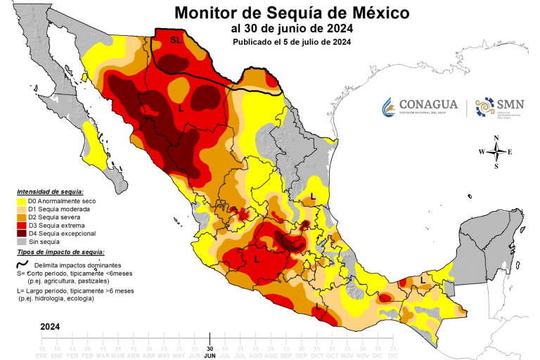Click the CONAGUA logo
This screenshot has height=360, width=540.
(x=420, y=106)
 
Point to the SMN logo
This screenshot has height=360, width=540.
(x=500, y=106)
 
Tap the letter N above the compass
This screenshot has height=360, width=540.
(x=496, y=138)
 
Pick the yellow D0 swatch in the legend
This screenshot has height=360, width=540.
(x=22, y=202)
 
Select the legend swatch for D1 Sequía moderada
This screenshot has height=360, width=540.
(x=22, y=210)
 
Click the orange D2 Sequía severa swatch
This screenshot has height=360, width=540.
(x=22, y=217)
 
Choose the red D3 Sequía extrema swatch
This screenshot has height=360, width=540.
(x=22, y=225)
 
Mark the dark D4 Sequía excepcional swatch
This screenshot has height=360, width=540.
(x=22, y=233)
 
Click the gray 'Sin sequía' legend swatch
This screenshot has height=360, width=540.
(x=22, y=241)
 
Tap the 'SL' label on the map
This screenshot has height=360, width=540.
(x=175, y=40)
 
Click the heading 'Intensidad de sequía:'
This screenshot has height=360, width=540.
(x=51, y=192)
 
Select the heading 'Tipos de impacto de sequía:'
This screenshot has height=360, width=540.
(x=61, y=252)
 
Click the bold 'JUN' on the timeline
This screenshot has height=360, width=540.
(x=210, y=356)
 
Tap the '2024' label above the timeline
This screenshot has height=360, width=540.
(x=50, y=327)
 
